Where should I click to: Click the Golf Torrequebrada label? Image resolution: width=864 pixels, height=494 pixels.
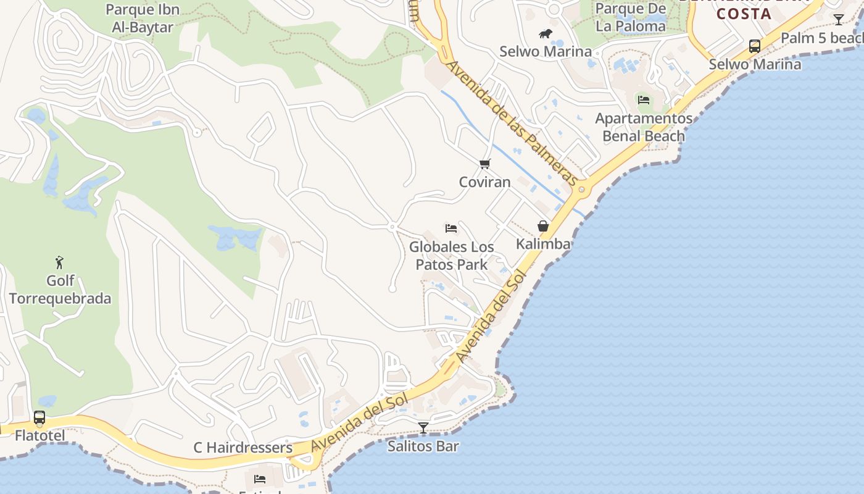[60, 290]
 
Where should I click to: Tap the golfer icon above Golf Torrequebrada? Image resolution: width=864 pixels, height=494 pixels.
[59, 262]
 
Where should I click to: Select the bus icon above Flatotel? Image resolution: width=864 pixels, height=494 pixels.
[39, 418]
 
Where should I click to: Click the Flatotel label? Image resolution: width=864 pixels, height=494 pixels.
[39, 436]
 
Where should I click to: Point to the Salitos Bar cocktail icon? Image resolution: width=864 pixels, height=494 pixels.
[423, 427]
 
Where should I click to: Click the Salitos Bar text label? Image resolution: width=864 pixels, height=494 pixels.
[423, 446]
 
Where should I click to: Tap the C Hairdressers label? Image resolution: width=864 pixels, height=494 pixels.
[243, 448]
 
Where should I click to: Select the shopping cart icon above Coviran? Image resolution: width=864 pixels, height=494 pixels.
[485, 164]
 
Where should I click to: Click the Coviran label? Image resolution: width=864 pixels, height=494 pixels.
[485, 182]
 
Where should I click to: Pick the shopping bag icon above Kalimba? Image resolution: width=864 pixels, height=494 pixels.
[543, 226]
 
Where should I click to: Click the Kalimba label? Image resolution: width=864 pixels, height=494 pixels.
[543, 244]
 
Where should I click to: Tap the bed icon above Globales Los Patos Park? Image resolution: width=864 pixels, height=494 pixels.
[451, 228]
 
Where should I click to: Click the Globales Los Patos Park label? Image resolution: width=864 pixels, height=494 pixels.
[452, 256]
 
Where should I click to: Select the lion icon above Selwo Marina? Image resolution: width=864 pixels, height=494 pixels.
[546, 34]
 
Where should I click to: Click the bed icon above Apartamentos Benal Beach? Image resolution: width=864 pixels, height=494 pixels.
[644, 100]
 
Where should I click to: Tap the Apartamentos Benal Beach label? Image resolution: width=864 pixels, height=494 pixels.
[644, 127]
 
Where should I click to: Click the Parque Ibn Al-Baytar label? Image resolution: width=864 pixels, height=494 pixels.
[143, 19]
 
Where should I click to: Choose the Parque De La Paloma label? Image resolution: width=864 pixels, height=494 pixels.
[631, 17]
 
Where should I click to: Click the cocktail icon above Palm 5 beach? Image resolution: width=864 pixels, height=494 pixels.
[839, 20]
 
